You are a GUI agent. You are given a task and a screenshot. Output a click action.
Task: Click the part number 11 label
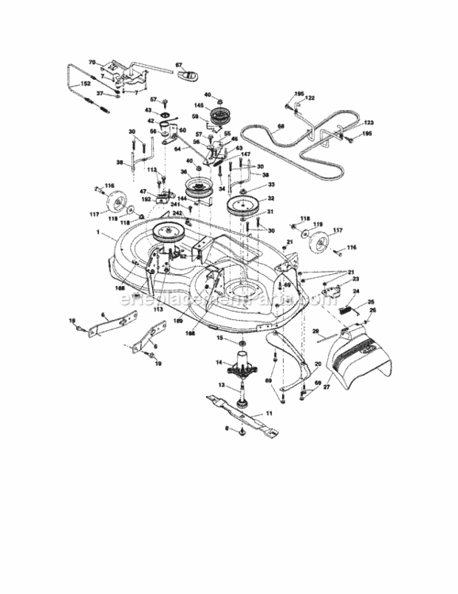pos(269,413)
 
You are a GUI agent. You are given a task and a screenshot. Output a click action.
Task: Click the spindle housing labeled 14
pos(241,367)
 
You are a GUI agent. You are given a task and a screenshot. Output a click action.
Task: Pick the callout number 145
pos(199,107)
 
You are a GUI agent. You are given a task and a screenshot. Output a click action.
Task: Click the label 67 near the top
pos(178,64)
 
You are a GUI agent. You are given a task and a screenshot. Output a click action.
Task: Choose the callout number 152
pos(85,82)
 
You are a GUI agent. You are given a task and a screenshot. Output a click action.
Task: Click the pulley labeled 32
pos(242,211)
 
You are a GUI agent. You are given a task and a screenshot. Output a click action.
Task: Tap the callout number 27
pos(326,387)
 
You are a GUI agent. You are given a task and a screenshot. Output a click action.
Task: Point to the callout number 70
pos(91,61)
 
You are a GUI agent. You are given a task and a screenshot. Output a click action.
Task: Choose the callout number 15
pos(221,338)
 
